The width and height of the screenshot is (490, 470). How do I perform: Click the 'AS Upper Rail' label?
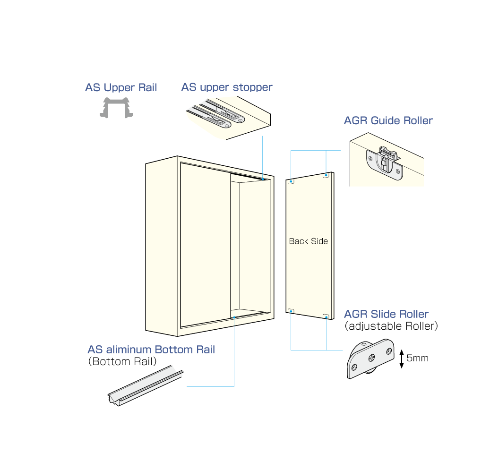pos(121,88)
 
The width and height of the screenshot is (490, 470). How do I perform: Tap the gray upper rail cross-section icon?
pos(116,108)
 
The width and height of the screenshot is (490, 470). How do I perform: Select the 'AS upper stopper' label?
pos(227,87)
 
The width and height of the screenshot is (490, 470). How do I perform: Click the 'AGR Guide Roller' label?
pos(388,120)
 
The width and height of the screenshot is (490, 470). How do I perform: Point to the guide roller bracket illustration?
pos(385,164)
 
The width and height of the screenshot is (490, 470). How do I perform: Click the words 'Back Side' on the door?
pos(309,241)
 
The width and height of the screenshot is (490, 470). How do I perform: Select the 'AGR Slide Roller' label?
pos(386,314)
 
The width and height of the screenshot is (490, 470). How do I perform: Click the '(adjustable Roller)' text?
pos(391,326)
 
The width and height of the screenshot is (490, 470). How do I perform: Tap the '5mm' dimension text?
pos(418,358)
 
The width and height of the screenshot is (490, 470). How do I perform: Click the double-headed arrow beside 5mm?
pos(402,359)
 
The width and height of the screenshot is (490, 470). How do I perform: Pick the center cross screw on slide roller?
pos(371,358)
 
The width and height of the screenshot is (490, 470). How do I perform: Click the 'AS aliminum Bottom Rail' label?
pos(151,350)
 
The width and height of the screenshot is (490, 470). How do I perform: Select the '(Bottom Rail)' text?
pos(122,361)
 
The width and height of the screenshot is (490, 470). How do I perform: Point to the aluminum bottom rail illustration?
pos(146,386)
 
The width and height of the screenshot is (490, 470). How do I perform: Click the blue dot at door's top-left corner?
pos(291,181)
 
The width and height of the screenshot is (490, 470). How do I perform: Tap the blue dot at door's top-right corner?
pos(326,175)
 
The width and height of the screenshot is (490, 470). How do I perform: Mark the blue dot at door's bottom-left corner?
pos(291,311)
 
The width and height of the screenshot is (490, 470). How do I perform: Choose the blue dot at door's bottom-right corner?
pos(326,317)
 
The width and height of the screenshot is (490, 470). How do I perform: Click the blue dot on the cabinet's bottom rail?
pos(234,317)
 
